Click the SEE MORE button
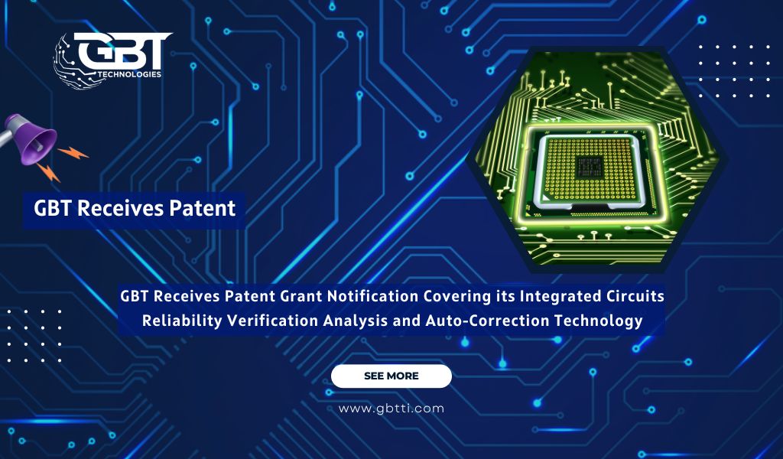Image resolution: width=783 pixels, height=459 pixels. pyautogui.click(x=391, y=376)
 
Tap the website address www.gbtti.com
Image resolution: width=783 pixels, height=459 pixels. pyautogui.click(x=391, y=409)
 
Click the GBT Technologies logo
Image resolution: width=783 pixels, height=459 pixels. pyautogui.click(x=112, y=60)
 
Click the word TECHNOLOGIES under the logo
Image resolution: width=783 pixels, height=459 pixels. pyautogui.click(x=130, y=74)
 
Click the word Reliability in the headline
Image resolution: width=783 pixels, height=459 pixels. pyautogui.click(x=182, y=321)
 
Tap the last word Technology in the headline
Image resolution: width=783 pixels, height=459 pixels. pyautogui.click(x=603, y=321)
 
